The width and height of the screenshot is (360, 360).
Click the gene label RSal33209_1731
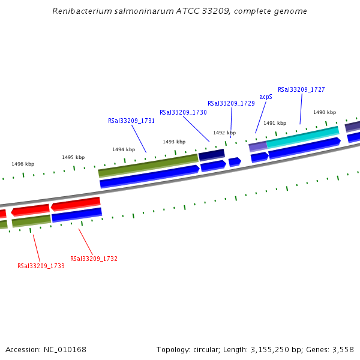tap(131, 121)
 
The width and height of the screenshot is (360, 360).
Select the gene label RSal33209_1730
tap(183, 112)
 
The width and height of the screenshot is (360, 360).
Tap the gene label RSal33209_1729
tap(231, 103)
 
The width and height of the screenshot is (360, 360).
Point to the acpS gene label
tap(266, 97)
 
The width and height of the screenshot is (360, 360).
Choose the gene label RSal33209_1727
tap(301, 89)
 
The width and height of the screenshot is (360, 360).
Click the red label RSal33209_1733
tap(41, 266)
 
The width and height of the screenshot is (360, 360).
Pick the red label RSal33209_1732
tap(94, 259)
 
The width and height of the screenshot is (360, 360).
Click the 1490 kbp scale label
tap(325, 112)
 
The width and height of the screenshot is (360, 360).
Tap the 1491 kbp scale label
tap(275, 123)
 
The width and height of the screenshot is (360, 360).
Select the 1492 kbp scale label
tap(224, 133)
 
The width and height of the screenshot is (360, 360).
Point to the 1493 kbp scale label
tap(174, 142)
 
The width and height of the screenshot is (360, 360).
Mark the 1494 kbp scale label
tap(124, 149)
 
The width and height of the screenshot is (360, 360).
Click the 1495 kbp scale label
tap(73, 157)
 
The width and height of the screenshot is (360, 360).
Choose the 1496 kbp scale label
tap(23, 164)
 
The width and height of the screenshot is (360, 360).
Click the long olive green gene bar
tap(148, 165)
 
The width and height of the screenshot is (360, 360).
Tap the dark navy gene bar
tap(211, 155)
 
